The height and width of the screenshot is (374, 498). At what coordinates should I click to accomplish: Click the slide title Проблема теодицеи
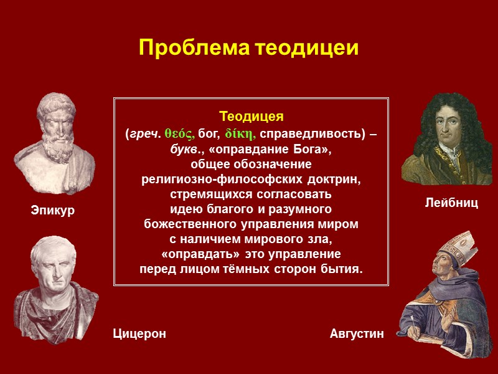pos(249,47)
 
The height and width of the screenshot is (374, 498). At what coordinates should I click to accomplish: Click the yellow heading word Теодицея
pos(251,117)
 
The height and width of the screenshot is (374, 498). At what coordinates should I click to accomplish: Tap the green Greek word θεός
pos(180,133)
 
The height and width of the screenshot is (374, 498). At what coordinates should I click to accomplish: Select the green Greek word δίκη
pos(240,133)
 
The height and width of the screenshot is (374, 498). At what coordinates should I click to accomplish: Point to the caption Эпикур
pos(53,211)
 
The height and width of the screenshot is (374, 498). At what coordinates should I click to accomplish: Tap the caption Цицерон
pos(139,334)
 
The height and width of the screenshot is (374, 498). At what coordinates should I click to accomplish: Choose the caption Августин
pos(357,334)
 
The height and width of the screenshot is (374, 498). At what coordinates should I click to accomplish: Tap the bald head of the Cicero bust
pos(53,246)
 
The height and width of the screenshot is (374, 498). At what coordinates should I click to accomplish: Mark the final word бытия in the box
pos(344,269)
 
